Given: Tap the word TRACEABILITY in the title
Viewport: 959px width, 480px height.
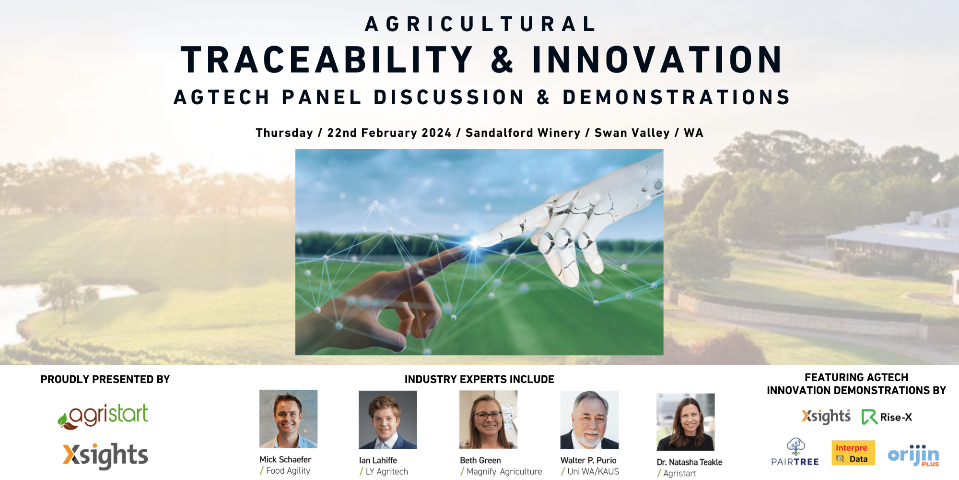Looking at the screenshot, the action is (x=327, y=60).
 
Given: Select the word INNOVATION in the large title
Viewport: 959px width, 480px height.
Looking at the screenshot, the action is (x=657, y=60).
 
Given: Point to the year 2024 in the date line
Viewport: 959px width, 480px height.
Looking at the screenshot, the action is (x=437, y=133).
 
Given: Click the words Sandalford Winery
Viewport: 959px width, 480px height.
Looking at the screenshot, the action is (x=523, y=133).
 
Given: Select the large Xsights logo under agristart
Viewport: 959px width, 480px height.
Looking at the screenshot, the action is (x=105, y=456).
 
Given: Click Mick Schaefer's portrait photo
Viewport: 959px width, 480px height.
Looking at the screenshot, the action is (x=288, y=419).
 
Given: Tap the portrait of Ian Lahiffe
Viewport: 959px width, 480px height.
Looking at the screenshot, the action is (x=388, y=420).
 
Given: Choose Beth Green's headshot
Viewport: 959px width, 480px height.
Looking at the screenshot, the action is (x=488, y=420).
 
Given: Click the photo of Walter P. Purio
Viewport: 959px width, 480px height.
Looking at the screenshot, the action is (x=589, y=420).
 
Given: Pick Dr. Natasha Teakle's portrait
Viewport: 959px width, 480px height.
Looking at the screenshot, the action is (x=686, y=422).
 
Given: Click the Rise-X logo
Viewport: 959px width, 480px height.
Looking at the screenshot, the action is (x=887, y=417).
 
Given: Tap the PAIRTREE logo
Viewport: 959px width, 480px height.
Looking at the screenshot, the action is (x=795, y=452).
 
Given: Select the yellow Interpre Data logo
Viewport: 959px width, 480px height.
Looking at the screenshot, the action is (x=853, y=453).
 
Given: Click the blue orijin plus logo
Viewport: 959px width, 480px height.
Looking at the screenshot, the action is (x=913, y=455).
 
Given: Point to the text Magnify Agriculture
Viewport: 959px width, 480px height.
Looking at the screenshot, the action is (x=504, y=472).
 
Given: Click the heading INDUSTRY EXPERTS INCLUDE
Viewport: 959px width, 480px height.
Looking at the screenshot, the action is (x=479, y=380).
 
